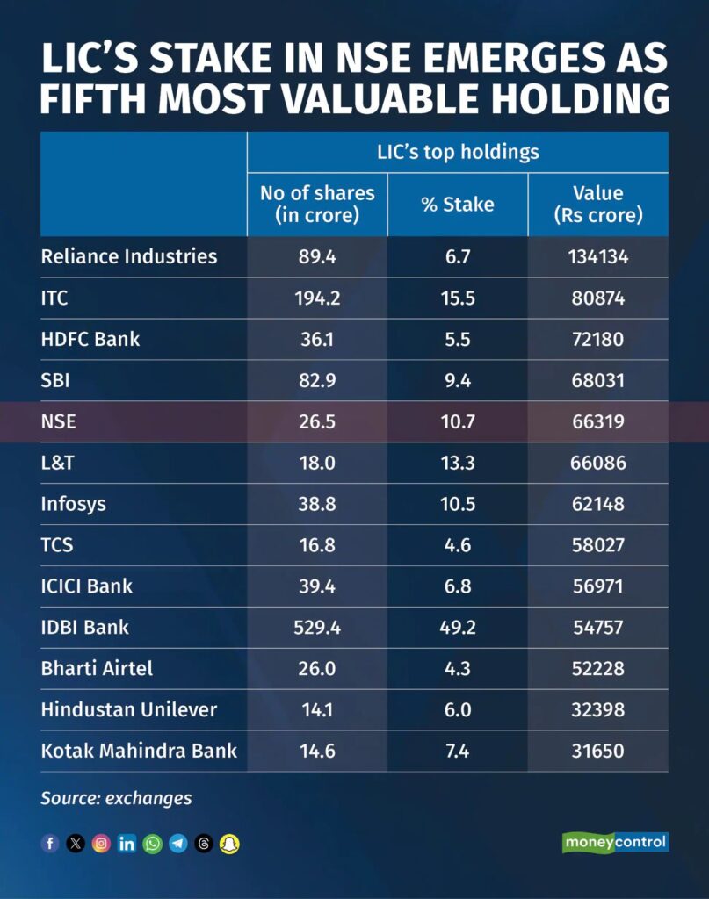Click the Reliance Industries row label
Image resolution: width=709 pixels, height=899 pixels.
point(128,256)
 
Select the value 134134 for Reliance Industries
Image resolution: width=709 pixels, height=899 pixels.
point(597,256)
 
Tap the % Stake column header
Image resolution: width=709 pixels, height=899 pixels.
point(457,205)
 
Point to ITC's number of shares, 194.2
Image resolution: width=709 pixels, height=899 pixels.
point(317,298)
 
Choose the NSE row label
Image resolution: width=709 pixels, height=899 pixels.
point(59,421)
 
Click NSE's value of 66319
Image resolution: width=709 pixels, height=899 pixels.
point(597,421)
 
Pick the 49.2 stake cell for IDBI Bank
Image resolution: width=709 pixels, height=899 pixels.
point(457,627)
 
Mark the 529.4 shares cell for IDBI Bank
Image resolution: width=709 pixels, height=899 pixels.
point(317,627)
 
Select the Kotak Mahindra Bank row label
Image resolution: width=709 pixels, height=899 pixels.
point(139,752)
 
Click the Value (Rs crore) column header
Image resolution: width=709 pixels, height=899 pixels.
point(597,204)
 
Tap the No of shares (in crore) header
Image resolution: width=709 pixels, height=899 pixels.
point(317,204)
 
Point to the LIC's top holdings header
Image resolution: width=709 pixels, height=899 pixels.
point(457,152)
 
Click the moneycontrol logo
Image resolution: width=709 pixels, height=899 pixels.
point(615,843)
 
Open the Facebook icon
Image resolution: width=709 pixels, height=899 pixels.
point(50,844)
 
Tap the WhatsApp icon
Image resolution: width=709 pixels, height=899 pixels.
point(153,844)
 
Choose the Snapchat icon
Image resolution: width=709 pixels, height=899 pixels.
point(230,844)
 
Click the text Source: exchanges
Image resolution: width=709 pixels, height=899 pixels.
point(116,798)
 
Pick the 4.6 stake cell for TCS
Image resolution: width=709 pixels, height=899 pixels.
point(457,545)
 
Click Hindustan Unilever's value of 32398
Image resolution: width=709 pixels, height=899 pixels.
point(597,709)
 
